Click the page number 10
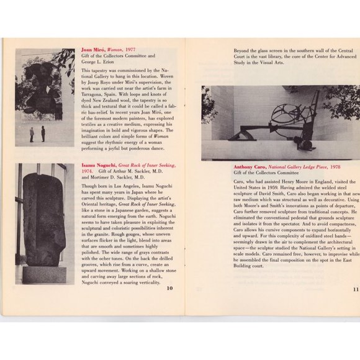pos(169,287)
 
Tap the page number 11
pos(356,289)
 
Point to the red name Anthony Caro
pos(251,167)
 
